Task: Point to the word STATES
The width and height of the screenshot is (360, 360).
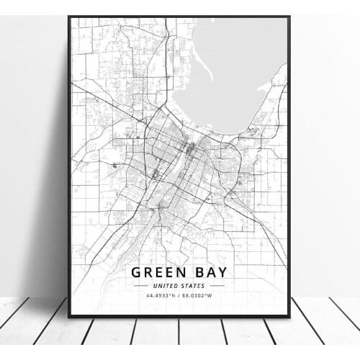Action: click(x=194, y=285)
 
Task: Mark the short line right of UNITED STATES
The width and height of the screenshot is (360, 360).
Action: click(x=217, y=285)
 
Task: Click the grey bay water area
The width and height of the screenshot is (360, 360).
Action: click(x=230, y=72)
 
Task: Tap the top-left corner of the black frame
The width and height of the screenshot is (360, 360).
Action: click(x=69, y=17)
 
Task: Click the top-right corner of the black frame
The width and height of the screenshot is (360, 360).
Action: click(x=289, y=17)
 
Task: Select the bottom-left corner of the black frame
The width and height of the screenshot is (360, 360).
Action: click(x=69, y=316)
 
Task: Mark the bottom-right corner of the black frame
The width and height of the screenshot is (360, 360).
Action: click(x=289, y=316)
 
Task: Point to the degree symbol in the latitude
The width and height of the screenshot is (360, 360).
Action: click(x=171, y=294)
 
